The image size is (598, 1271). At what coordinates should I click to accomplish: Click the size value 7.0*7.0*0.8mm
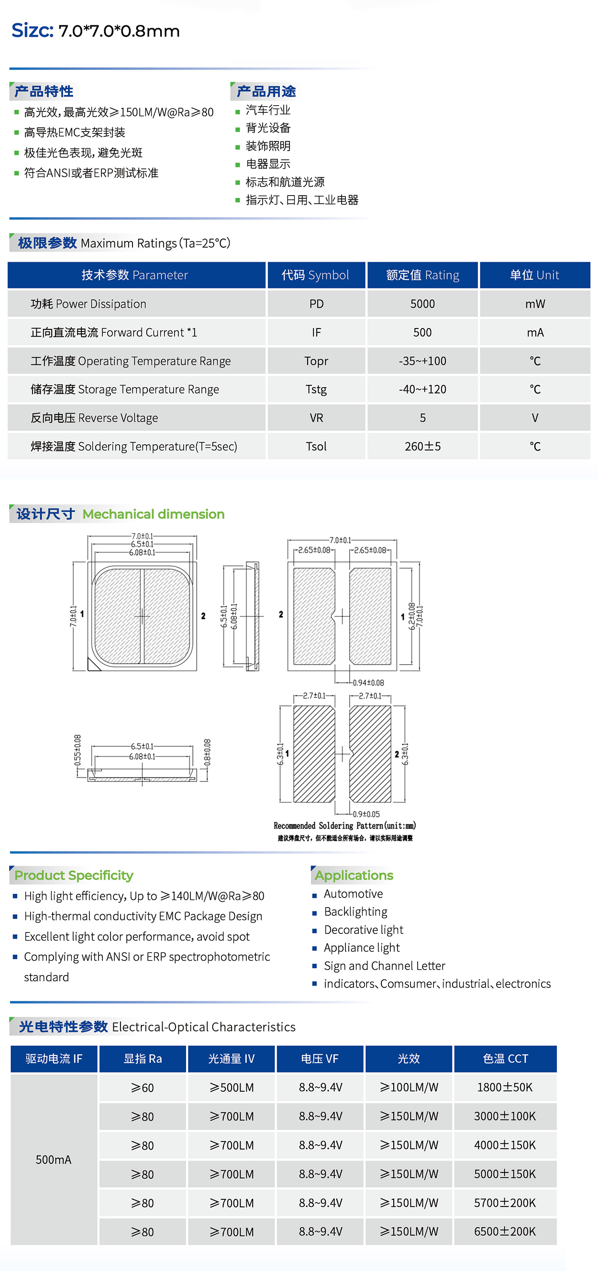pyautogui.click(x=119, y=31)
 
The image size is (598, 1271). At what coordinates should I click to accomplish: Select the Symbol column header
pyautogui.click(x=316, y=275)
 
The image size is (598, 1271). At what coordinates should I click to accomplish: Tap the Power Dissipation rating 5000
pyautogui.click(x=422, y=304)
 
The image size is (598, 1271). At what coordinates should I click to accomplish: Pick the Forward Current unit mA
pyautogui.click(x=535, y=332)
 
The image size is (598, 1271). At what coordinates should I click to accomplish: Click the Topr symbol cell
pyautogui.click(x=316, y=361)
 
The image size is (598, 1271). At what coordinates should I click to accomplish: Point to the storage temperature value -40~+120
pyautogui.click(x=422, y=389)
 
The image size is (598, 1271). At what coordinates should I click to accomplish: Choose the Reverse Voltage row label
pyautogui.click(x=94, y=418)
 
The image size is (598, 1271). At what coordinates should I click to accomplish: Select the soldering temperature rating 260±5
pyautogui.click(x=422, y=447)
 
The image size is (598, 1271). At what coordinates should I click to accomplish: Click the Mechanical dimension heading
pyautogui.click(x=153, y=514)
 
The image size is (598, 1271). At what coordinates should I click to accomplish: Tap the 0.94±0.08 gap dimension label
pyautogui.click(x=368, y=683)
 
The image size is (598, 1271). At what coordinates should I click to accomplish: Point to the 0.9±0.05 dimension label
pyautogui.click(x=366, y=814)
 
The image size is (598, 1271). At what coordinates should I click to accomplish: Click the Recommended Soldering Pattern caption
pyautogui.click(x=344, y=825)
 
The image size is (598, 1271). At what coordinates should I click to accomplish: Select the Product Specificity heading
pyautogui.click(x=74, y=875)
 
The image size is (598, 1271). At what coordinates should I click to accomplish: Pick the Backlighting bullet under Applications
pyautogui.click(x=355, y=912)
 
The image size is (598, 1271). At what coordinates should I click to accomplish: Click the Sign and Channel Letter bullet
pyautogui.click(x=384, y=965)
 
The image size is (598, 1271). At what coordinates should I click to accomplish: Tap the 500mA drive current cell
pyautogui.click(x=53, y=1160)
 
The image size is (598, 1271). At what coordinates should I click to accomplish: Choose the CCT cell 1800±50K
pyautogui.click(x=505, y=1087)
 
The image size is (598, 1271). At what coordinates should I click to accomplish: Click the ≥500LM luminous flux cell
pyautogui.click(x=231, y=1087)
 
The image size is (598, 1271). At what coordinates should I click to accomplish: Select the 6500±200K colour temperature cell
pyautogui.click(x=505, y=1231)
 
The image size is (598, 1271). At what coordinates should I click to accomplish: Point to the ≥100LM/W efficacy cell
pyautogui.click(x=409, y=1087)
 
